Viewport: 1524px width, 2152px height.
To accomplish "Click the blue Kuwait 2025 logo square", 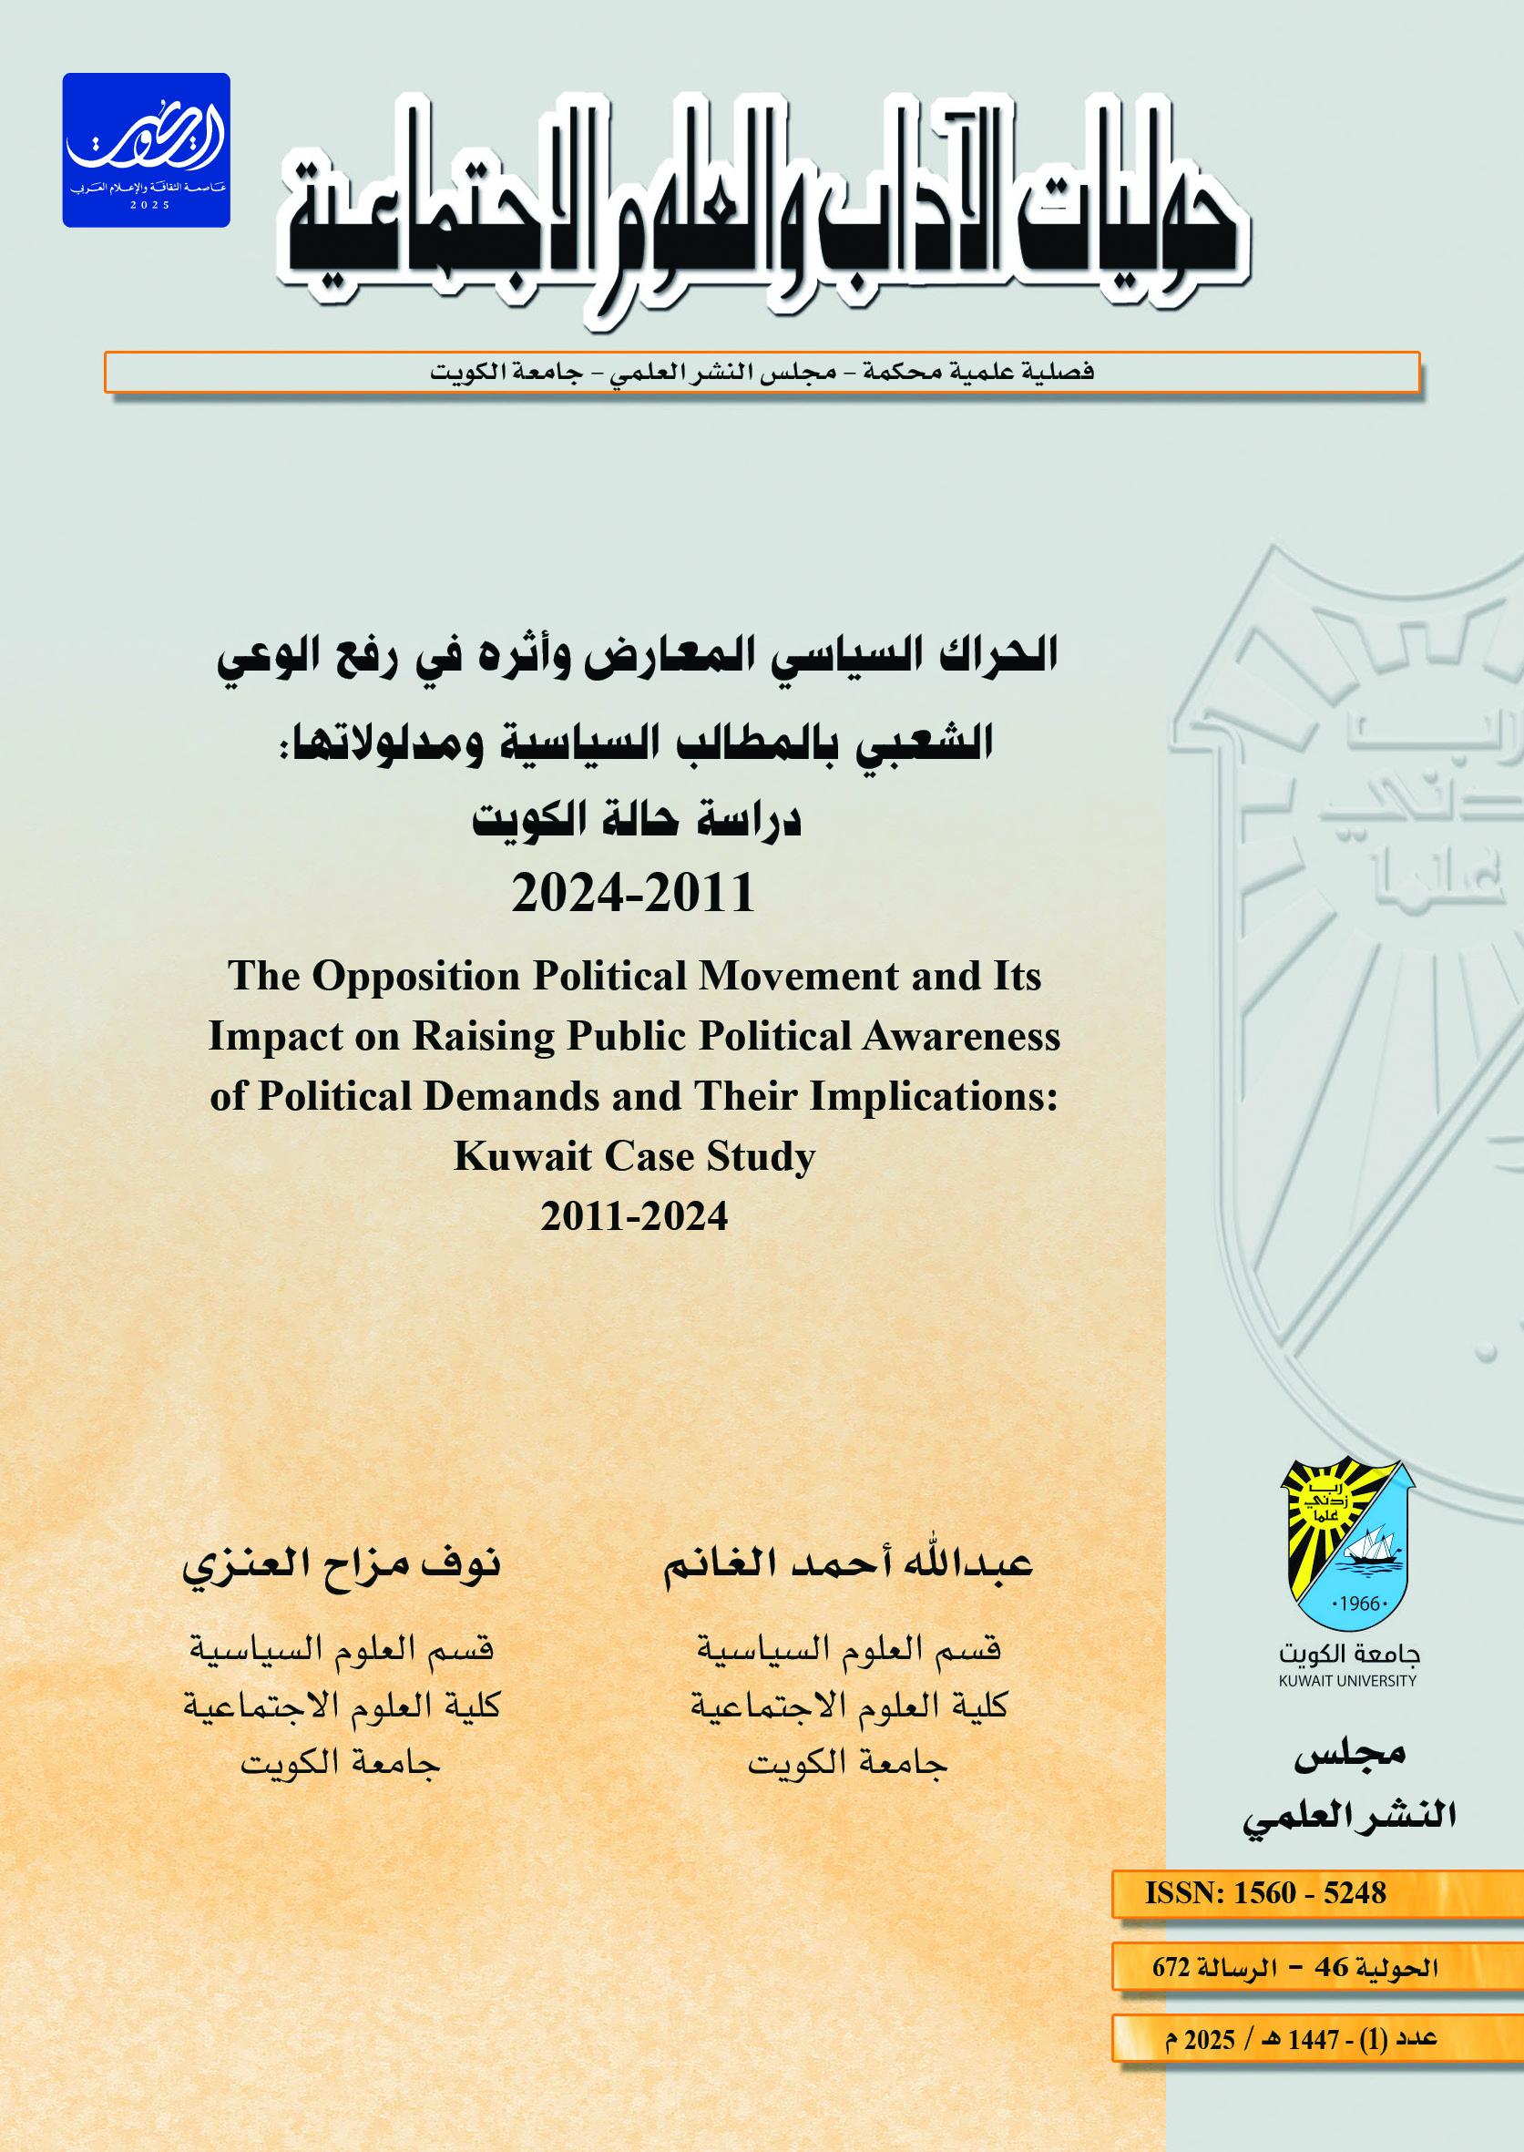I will pos(147,150).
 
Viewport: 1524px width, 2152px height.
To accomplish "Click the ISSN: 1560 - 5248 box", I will pos(1264,1893).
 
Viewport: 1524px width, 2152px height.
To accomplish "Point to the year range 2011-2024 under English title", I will pos(634,1217).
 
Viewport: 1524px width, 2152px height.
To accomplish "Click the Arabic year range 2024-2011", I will pos(633,893).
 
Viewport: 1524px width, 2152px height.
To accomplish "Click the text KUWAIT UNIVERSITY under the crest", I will pos(1347,1681).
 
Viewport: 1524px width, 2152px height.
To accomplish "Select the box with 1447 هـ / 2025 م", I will pos(1300,2039).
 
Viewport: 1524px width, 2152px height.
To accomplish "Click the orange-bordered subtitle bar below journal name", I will pos(761,373).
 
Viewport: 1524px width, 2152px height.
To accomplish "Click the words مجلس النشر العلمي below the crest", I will pos(1348,1786).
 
